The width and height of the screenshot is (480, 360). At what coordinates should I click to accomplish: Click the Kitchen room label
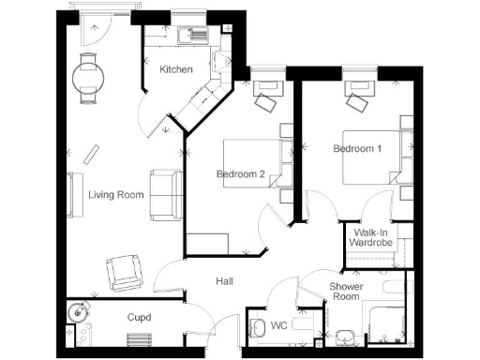point(176,70)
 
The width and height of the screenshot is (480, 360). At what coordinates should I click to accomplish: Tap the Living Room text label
point(116,195)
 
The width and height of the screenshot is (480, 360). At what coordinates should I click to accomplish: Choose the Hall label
point(224,281)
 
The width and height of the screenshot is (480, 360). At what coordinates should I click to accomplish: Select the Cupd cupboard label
point(139,318)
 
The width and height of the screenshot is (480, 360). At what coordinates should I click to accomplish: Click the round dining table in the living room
point(91,77)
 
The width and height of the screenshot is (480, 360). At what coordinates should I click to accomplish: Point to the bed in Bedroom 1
point(370,156)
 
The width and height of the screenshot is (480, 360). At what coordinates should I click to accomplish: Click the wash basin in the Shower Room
point(344,335)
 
